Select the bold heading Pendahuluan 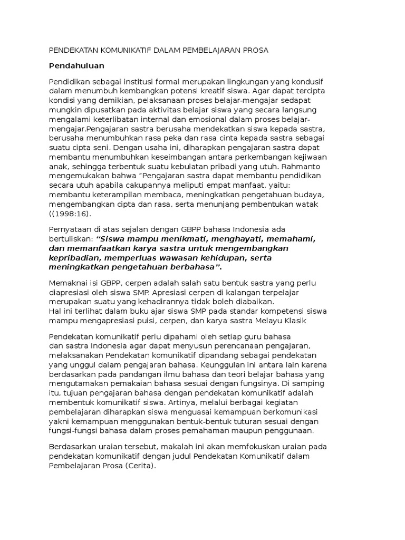coord(76,66)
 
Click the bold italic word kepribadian coord(74,258)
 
